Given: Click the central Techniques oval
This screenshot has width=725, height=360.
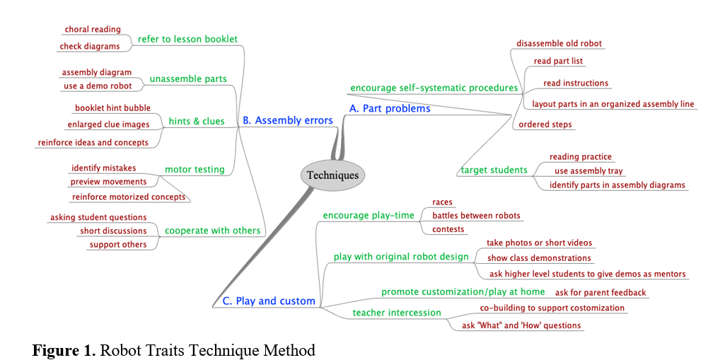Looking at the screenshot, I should point(332,175).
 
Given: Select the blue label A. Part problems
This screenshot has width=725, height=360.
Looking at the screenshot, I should point(390,109).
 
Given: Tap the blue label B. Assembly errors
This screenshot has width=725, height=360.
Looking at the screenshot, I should point(287,121).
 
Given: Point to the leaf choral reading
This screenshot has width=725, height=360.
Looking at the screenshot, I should point(93,30).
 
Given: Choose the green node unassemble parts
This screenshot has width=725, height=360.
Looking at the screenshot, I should point(188,79).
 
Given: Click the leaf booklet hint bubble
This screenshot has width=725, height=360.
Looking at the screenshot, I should point(112,108).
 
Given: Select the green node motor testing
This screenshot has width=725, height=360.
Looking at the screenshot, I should point(195,169).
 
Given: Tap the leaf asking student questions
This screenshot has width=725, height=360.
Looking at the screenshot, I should point(98,217).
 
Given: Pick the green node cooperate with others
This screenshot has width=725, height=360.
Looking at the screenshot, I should point(202,231).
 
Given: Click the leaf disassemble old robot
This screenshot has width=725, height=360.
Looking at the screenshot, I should point(559,43).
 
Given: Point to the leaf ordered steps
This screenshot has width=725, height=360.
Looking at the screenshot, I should point(545,124).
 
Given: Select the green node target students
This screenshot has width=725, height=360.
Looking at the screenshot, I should point(494,170).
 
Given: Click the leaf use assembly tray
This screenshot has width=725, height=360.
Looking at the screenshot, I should point(589,171).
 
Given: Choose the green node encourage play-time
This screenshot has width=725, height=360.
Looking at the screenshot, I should point(369,216).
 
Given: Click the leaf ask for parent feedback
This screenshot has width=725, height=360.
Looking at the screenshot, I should point(600,292).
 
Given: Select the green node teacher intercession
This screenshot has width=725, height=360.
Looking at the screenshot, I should point(397,313).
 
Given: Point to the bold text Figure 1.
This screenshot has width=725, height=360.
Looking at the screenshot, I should point(64,350).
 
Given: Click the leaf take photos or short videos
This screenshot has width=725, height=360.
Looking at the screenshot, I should point(539,243).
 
